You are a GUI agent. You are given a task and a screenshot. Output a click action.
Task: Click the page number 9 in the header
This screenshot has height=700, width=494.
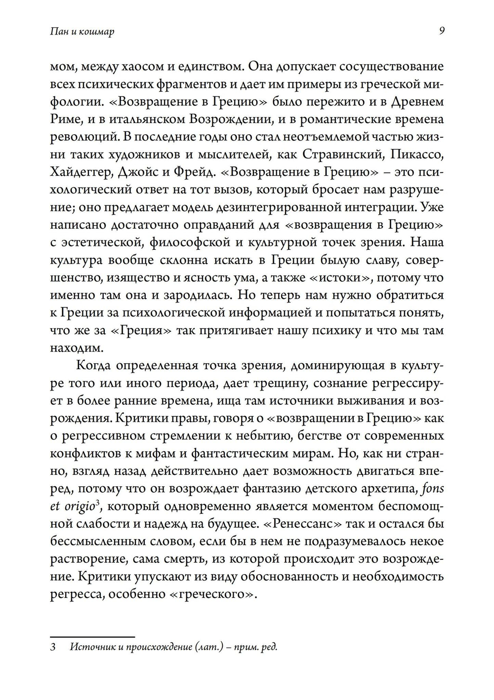[x=441, y=31]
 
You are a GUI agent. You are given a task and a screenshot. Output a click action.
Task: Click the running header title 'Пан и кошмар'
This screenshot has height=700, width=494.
[x=82, y=32]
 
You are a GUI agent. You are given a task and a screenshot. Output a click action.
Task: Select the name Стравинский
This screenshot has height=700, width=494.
[x=344, y=155]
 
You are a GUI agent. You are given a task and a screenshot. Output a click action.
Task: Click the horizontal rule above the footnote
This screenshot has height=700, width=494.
[x=92, y=637]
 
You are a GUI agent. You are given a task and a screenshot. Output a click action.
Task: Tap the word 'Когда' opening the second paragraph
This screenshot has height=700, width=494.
[x=94, y=366]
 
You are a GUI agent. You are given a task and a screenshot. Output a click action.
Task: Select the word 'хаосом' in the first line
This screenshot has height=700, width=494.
[x=149, y=67]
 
